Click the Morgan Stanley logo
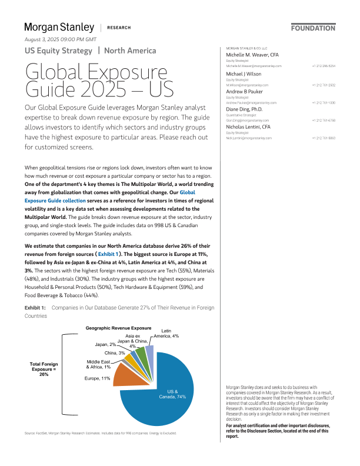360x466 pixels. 59,28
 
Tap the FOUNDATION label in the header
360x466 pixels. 313,28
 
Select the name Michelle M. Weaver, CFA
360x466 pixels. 252,55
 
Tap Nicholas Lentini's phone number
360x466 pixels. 324,138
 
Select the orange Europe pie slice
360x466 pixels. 126,374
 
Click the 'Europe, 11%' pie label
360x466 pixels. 97,378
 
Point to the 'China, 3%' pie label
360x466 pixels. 114,352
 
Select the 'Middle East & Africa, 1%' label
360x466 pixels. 98,364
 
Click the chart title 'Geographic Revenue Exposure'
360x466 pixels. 118,327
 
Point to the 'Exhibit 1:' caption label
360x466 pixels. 35,308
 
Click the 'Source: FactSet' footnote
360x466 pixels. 100,433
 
